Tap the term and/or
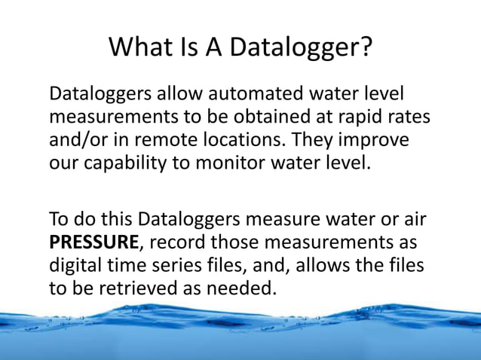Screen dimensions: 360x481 point(80,141)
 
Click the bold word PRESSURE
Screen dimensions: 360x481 point(93,244)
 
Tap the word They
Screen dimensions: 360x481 point(315,142)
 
